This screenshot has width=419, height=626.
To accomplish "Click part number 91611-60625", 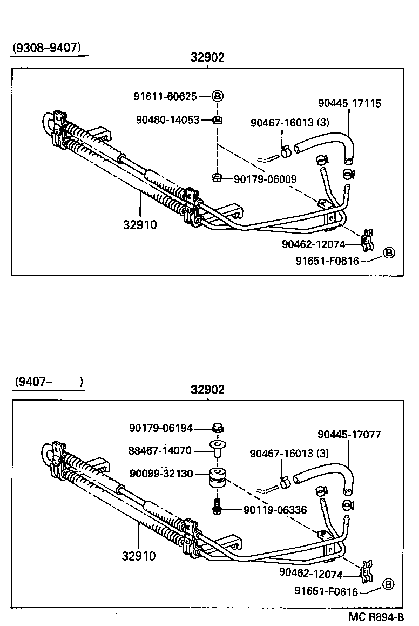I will [165, 97].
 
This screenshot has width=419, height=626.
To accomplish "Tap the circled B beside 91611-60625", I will [217, 97].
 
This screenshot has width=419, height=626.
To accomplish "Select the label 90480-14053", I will [168, 119].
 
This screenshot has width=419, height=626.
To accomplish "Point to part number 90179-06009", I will [265, 178].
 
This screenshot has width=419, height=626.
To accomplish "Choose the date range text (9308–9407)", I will [47, 48].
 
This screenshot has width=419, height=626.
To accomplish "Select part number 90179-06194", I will [161, 428].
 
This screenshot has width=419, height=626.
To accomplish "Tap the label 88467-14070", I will [160, 450].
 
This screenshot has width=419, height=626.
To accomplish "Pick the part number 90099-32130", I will [161, 474].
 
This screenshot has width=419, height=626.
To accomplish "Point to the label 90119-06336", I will [275, 509].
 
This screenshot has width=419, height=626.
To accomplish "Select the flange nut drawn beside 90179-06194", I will [218, 428].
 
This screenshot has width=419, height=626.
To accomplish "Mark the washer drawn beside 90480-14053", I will [217, 119].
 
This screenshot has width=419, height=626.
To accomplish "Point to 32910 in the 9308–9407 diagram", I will [140, 225].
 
